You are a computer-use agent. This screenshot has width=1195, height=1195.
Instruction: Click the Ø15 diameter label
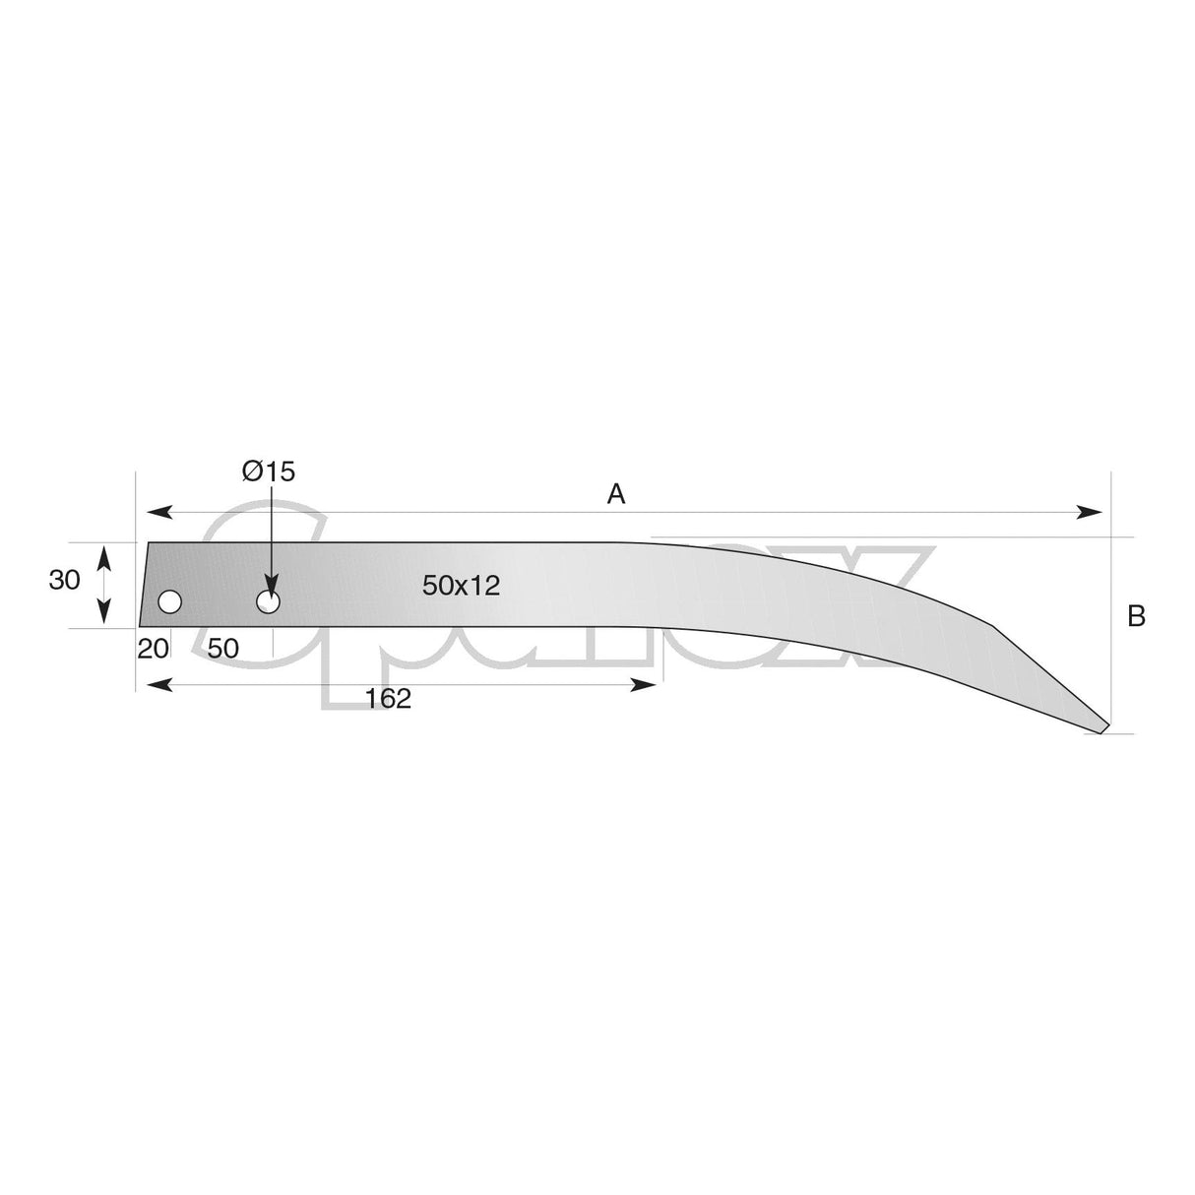pyautogui.click(x=269, y=472)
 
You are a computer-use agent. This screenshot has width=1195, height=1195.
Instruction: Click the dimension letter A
pyautogui.click(x=616, y=494)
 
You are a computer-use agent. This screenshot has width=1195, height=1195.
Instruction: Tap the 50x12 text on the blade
pyautogui.click(x=462, y=586)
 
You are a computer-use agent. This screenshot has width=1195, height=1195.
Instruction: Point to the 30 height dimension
pyautogui.click(x=65, y=581)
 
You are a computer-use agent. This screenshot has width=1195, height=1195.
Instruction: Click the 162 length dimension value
pyautogui.click(x=387, y=699)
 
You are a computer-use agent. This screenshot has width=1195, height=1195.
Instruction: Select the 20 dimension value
pyautogui.click(x=154, y=649)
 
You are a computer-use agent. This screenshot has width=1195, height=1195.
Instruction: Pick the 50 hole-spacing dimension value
pyautogui.click(x=223, y=649)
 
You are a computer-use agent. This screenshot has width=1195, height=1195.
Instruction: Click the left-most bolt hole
pyautogui.click(x=170, y=602)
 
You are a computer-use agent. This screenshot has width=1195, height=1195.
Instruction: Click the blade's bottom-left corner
pyautogui.click(x=140, y=626)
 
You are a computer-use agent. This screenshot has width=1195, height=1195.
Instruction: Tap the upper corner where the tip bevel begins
pyautogui.click(x=996, y=624)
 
